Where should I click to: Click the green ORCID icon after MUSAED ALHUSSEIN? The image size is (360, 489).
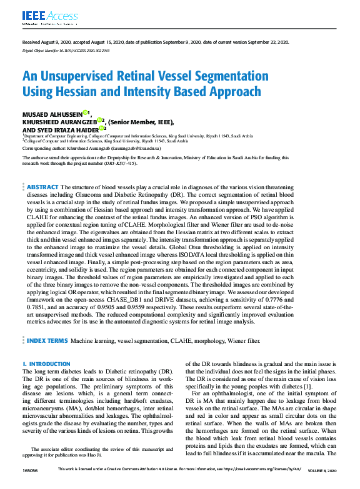point(86,113)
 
